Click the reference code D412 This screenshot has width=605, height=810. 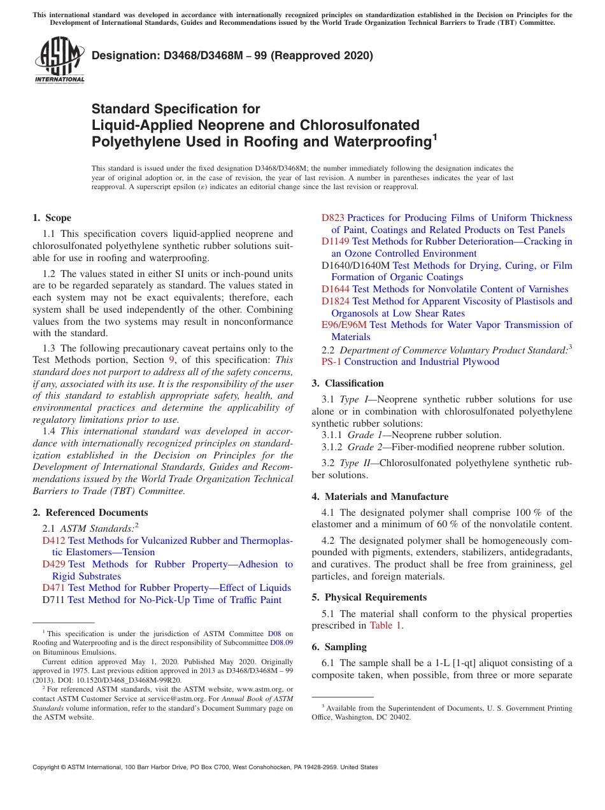pyautogui.click(x=54, y=541)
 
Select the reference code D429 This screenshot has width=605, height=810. pyautogui.click(x=54, y=564)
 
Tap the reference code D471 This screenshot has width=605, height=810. pyautogui.click(x=54, y=588)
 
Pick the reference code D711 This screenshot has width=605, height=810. pyautogui.click(x=53, y=600)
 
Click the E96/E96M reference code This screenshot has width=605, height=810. pyautogui.click(x=344, y=325)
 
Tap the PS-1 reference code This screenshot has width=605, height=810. pyautogui.click(x=332, y=362)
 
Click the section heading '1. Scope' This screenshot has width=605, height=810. pyautogui.click(x=52, y=218)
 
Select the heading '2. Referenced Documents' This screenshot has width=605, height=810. pyautogui.click(x=90, y=513)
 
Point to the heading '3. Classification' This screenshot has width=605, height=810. pyautogui.click(x=348, y=383)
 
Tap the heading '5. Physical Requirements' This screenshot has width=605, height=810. pyautogui.click(x=369, y=597)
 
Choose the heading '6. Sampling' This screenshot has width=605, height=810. pyautogui.click(x=339, y=647)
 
